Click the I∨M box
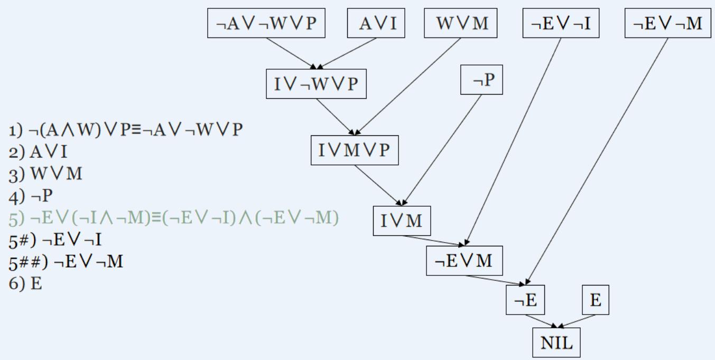point(402,221)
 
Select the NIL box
point(556,344)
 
